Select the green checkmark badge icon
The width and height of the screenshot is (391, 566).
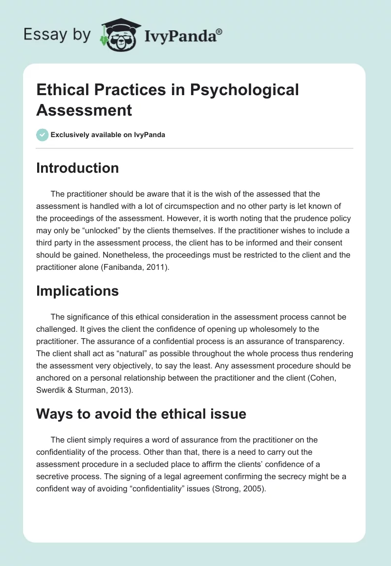[x=43, y=135]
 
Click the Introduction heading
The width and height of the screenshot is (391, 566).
[x=77, y=168]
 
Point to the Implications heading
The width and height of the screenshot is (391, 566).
[x=77, y=291]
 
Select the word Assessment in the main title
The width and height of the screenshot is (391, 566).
[x=84, y=110]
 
